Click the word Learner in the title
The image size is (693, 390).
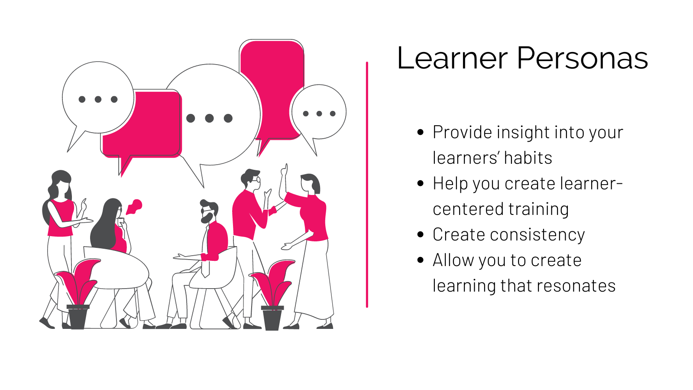452,58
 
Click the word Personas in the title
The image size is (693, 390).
582,58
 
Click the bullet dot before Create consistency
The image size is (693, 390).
421,234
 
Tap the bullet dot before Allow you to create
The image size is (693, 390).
421,260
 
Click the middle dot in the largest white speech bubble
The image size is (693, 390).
209,118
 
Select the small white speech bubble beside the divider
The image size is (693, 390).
319,113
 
